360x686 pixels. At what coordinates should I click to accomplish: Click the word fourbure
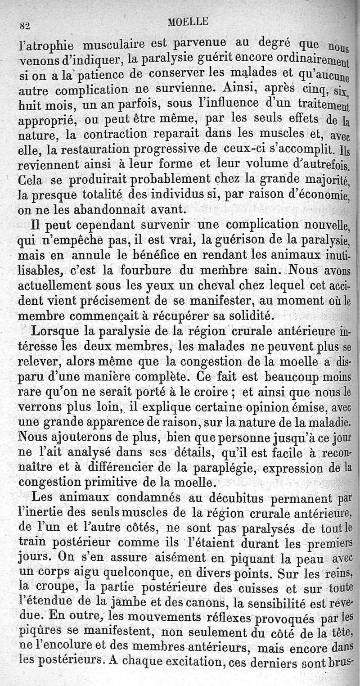pos(145,272)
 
